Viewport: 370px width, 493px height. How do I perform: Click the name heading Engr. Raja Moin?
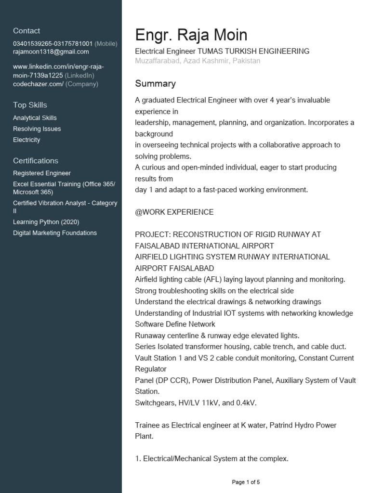pyautogui.click(x=191, y=35)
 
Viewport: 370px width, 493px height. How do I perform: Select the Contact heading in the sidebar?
pyautogui.click(x=26, y=31)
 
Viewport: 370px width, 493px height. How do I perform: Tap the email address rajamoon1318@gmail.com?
pyautogui.click(x=51, y=52)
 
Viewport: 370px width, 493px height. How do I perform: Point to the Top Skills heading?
pyautogui.click(x=30, y=105)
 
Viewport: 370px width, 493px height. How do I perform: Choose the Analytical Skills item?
pyautogui.click(x=35, y=118)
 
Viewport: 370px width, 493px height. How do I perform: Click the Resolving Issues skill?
pyautogui.click(x=37, y=129)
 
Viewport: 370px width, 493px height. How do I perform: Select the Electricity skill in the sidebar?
pyautogui.click(x=26, y=140)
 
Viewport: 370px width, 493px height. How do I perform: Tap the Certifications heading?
pyautogui.click(x=35, y=161)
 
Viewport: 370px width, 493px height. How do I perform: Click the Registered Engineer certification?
pyautogui.click(x=42, y=173)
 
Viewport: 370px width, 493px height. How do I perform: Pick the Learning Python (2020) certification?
pyautogui.click(x=46, y=222)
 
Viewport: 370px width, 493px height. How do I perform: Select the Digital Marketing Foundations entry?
pyautogui.click(x=55, y=233)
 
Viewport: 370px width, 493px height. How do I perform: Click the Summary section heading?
pyautogui.click(x=155, y=84)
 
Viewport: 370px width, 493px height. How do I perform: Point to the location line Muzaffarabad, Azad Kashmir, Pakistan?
pyautogui.click(x=198, y=61)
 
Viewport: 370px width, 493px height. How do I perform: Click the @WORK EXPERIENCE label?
pyautogui.click(x=174, y=212)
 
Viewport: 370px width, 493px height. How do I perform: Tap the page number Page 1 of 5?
pyautogui.click(x=246, y=482)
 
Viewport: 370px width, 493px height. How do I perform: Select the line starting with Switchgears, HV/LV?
pyautogui.click(x=196, y=403)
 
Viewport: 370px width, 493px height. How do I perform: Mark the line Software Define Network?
pyautogui.click(x=175, y=324)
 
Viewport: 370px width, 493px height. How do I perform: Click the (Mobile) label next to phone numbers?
pyautogui.click(x=106, y=44)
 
